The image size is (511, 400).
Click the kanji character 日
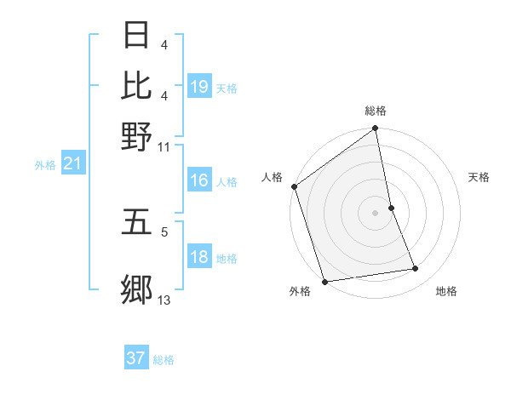[x=137, y=37]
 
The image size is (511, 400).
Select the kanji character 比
[x=137, y=85]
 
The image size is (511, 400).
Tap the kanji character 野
[x=137, y=136]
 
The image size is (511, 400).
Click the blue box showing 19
[x=199, y=86]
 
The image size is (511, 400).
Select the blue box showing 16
[x=199, y=180]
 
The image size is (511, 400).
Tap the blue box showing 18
[x=199, y=258]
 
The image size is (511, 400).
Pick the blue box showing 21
[x=72, y=163]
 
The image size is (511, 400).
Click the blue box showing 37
[x=136, y=358]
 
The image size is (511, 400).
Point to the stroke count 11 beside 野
[x=164, y=146]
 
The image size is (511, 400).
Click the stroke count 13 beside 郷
[x=164, y=300]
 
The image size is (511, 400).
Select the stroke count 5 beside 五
[x=164, y=230]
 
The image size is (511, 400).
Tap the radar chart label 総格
[x=376, y=111]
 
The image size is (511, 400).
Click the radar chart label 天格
[x=479, y=177]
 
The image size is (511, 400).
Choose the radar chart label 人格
[x=272, y=177]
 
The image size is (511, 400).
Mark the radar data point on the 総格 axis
[x=376, y=129]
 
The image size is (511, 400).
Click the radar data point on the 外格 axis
[x=324, y=282]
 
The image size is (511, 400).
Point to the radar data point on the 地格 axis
[x=416, y=269]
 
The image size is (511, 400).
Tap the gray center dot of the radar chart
[x=376, y=213]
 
